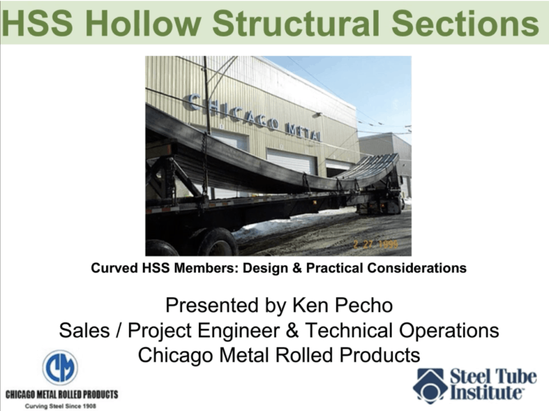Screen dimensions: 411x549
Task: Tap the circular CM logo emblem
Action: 60,368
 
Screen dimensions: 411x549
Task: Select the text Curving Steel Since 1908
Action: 60,406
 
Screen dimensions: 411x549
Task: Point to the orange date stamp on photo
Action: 375,245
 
